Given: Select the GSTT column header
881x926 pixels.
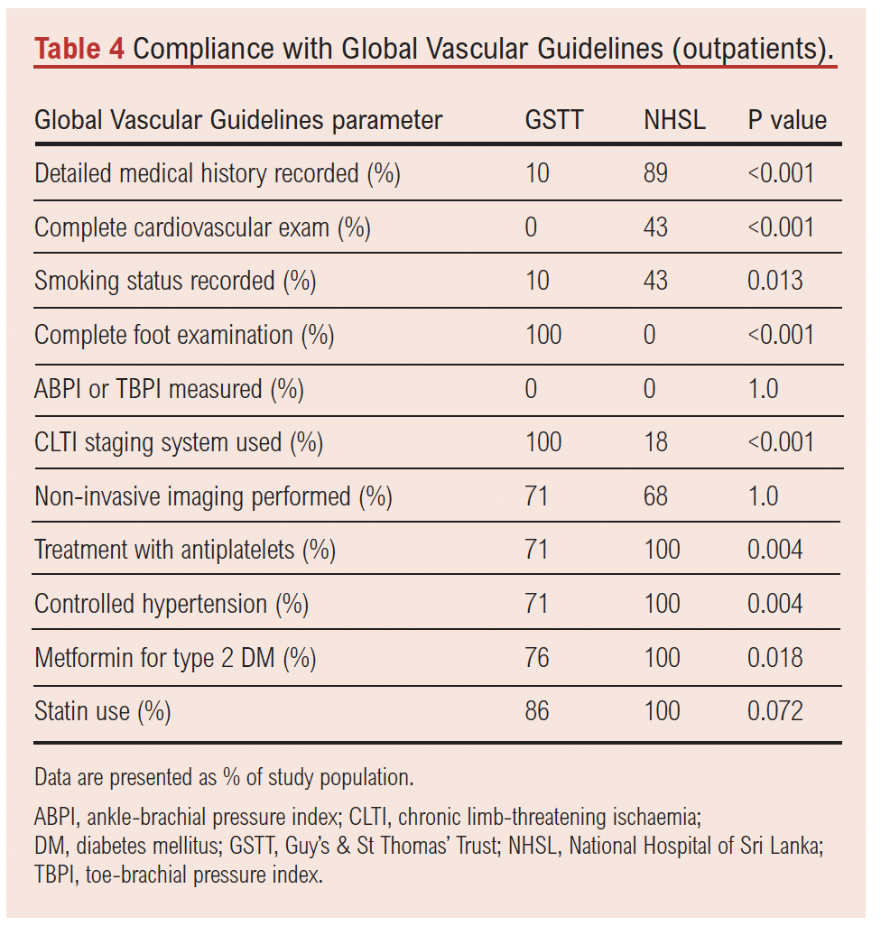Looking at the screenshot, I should point(554,120).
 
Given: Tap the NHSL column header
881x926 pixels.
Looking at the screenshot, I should point(674,120).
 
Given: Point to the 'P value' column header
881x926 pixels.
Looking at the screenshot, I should point(787,120).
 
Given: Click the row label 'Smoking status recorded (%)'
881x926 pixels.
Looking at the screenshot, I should point(175,281).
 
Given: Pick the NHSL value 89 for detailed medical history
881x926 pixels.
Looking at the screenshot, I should point(656,173).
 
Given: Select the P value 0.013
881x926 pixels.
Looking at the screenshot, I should point(774,281).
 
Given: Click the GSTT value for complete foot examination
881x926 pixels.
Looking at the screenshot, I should point(543,335).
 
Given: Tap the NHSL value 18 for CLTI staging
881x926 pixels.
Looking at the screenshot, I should point(656,442).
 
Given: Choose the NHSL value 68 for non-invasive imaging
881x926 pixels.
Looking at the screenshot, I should point(656,495).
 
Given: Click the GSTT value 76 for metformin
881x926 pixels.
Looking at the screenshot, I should point(537,657).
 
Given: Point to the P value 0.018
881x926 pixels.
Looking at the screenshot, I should point(774,657).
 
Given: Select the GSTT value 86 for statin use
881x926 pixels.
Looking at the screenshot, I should point(537,711).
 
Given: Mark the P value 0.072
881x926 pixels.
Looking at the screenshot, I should point(774,711).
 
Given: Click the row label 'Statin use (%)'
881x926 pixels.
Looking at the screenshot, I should point(103,711).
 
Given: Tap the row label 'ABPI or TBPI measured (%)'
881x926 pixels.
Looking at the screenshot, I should point(169,389).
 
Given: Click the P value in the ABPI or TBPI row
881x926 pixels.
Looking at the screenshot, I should point(763,389).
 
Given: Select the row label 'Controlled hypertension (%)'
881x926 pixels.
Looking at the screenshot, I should point(172,603).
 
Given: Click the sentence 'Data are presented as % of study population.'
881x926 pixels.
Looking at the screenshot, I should point(224,777).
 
